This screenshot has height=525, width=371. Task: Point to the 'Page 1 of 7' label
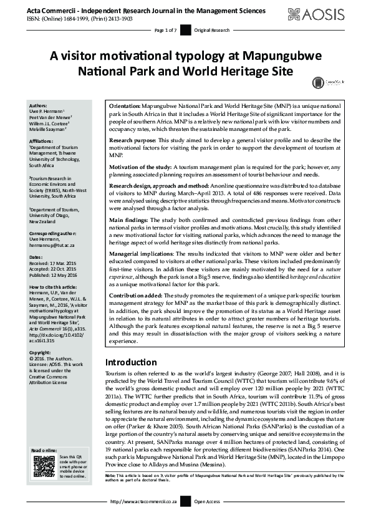click(166, 30)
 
